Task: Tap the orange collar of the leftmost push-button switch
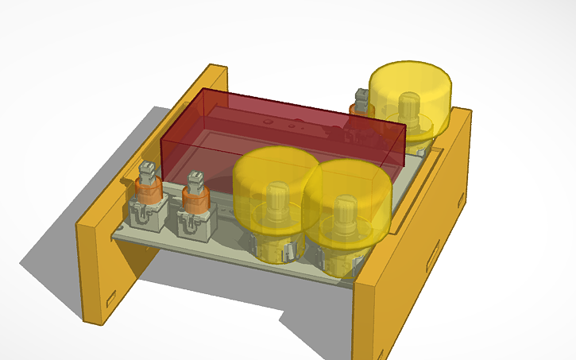click(146, 191)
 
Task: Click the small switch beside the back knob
click(360, 102)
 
